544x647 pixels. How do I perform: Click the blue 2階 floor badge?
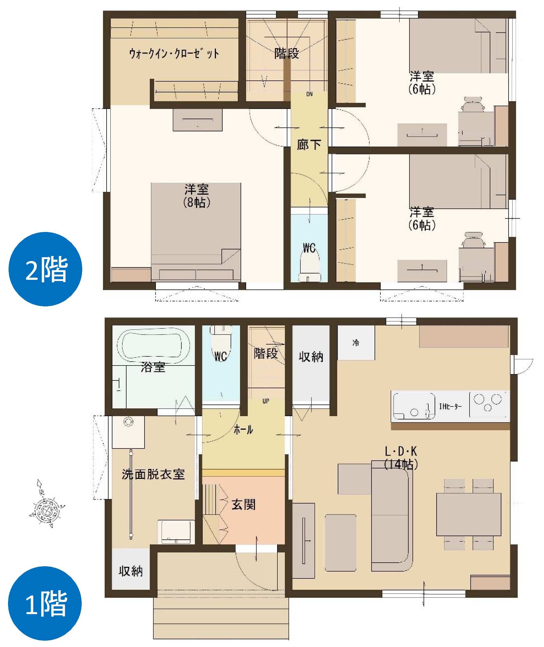(x=45, y=269)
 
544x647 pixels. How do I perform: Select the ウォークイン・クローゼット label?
(x=174, y=54)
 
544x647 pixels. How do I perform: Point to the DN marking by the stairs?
(x=310, y=94)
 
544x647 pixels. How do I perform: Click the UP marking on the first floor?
(x=266, y=401)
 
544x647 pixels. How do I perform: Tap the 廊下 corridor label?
(x=309, y=145)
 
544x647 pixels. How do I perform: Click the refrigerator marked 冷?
(x=356, y=343)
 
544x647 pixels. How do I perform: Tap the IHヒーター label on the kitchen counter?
(x=451, y=407)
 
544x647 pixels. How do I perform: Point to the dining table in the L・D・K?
(x=469, y=514)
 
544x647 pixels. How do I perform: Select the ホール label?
(x=243, y=429)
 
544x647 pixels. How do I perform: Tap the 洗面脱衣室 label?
(x=153, y=474)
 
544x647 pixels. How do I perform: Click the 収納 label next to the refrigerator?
(x=311, y=356)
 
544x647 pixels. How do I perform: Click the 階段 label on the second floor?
(x=287, y=53)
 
